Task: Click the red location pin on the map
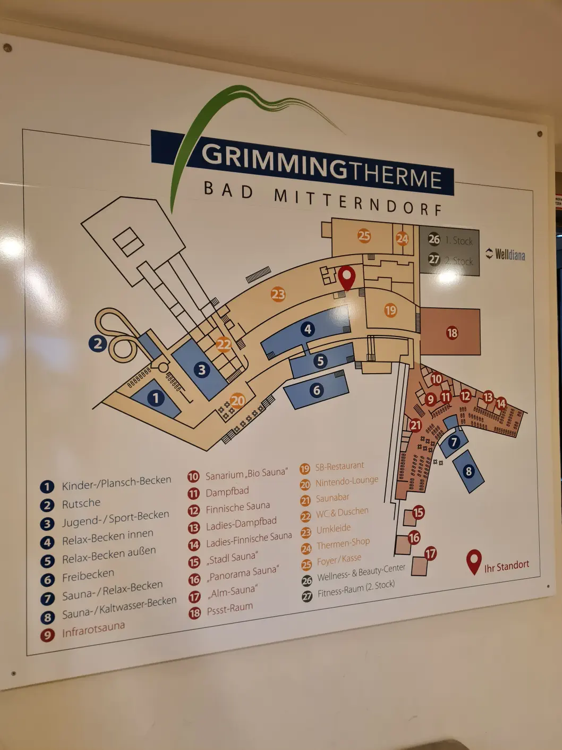346,277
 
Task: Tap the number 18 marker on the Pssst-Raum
452,333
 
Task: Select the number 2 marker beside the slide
98,343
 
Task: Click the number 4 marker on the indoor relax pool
308,329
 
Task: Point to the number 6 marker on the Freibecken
317,391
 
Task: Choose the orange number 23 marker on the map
278,294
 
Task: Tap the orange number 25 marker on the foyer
364,235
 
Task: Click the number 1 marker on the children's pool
156,398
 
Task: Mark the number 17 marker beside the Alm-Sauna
430,553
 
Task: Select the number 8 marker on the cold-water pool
468,471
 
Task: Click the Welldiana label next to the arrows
510,255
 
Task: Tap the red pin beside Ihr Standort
474,561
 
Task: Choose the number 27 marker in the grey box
435,259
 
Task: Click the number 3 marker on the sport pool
201,369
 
